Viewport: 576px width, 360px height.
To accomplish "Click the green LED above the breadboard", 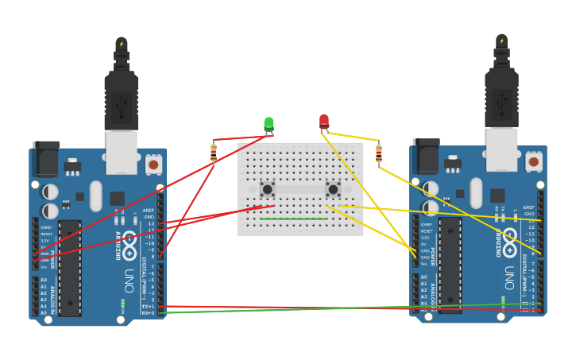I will (269, 124).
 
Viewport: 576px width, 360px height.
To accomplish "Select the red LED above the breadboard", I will (324, 121).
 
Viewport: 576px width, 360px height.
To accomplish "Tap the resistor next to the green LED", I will (214, 153).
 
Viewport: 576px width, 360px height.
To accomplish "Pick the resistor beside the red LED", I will (379, 153).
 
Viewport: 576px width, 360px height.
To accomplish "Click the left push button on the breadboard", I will (267, 189).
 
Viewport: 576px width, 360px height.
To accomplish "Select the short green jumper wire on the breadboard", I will (293, 219).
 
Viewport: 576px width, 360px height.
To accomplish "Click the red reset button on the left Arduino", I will (153, 165).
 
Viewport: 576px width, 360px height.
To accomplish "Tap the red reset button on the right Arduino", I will (534, 161).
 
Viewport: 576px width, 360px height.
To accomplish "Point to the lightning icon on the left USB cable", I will (122, 44).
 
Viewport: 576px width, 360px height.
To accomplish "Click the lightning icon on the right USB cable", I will (501, 41).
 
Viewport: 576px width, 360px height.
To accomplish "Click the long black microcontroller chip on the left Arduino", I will (70, 269).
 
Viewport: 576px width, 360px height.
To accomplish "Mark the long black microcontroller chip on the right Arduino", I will (450, 265).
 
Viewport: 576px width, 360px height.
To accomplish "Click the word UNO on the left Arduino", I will (128, 281).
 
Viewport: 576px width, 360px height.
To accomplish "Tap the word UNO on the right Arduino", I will (508, 277).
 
